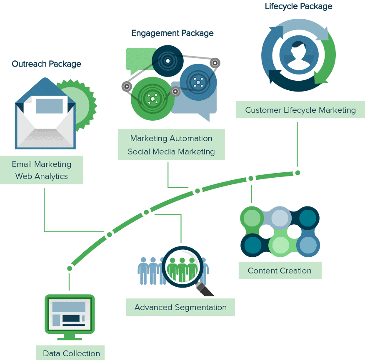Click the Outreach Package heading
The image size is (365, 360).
point(46,64)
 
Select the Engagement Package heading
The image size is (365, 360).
point(172,33)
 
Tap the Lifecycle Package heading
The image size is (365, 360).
point(298,6)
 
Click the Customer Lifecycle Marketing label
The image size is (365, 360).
point(300,110)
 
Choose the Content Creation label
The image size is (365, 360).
point(280,271)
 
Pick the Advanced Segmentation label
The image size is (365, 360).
point(180,308)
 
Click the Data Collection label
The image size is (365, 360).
point(71,354)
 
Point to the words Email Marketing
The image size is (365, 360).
point(42,164)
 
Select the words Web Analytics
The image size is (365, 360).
point(42,176)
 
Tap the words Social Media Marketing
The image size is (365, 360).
point(171,151)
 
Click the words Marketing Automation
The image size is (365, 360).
point(171,139)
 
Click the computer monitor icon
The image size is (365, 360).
point(70,315)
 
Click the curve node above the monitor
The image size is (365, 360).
point(70,268)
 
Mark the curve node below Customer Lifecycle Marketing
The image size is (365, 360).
point(297,172)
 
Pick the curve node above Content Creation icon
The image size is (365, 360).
point(251,178)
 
